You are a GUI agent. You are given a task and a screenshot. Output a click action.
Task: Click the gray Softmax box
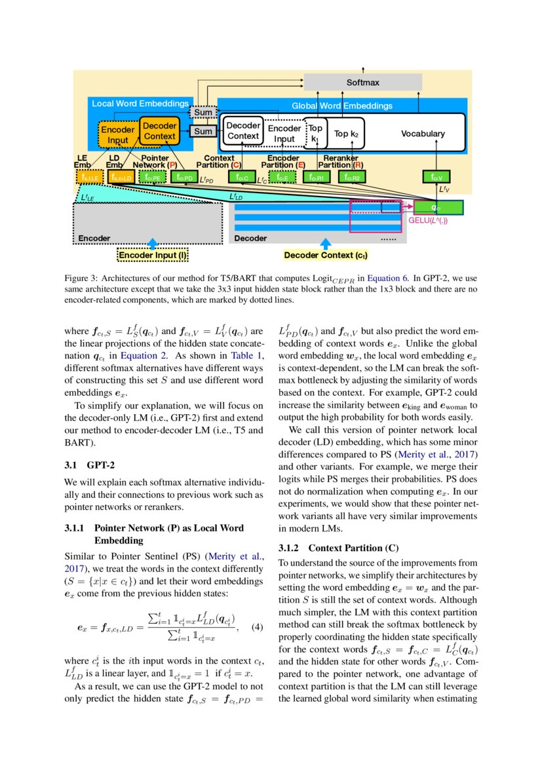[362, 83]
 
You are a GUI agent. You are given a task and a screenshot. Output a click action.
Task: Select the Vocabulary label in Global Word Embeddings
[422, 134]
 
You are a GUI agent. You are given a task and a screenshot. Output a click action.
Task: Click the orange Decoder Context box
[159, 131]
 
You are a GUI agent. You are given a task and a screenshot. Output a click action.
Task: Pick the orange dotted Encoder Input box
[118, 135]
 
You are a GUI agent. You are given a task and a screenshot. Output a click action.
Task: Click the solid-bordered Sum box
[203, 132]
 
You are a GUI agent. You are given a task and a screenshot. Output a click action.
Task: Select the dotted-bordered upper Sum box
[203, 113]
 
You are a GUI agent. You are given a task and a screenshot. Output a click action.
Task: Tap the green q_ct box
[438, 208]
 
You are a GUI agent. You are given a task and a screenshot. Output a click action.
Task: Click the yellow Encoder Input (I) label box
[152, 255]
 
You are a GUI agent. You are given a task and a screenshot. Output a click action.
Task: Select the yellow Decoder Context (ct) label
[325, 255]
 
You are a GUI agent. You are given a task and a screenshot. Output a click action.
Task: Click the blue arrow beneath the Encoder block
[152, 243]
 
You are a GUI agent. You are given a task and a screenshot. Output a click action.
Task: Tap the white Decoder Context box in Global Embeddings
[243, 131]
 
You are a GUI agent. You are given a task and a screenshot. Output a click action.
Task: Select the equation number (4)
[257, 626]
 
